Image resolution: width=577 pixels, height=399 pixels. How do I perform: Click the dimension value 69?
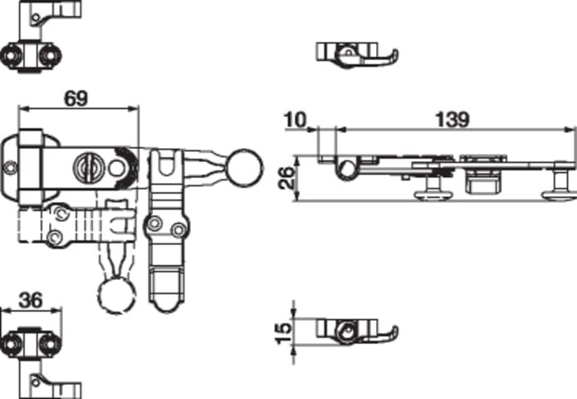click(x=76, y=98)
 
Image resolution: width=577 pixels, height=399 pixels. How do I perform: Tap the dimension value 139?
click(x=452, y=120)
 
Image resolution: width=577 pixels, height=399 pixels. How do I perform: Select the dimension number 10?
click(x=295, y=120)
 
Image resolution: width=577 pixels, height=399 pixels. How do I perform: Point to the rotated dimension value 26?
click(x=286, y=178)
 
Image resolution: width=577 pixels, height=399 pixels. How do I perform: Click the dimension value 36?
click(x=31, y=300)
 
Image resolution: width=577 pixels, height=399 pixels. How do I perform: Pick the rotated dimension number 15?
click(x=284, y=333)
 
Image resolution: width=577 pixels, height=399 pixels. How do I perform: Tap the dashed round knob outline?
click(x=116, y=297)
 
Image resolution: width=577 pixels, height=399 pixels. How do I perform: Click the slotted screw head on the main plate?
click(x=88, y=167)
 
